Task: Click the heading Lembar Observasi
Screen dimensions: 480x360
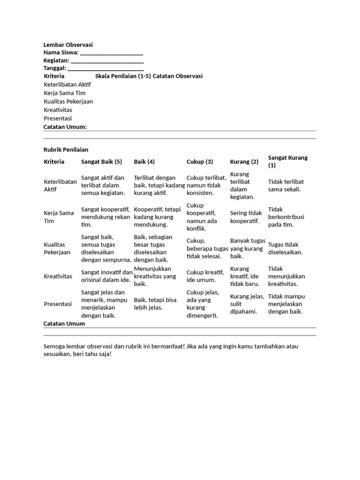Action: [x=68, y=45]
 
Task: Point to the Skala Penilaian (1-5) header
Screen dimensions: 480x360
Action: [x=123, y=76]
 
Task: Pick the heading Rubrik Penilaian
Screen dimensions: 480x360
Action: [x=66, y=150]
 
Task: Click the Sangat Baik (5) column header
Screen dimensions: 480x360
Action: [x=101, y=162]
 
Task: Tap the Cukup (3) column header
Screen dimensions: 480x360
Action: [x=200, y=162]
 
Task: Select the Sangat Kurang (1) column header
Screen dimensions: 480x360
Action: [x=287, y=161]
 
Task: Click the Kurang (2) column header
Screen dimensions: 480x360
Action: [x=244, y=162]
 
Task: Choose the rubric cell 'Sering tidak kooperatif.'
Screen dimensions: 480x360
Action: [x=246, y=217]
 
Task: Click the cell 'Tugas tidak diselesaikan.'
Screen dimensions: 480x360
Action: [x=285, y=248]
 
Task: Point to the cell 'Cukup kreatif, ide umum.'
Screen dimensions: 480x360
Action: [x=205, y=276]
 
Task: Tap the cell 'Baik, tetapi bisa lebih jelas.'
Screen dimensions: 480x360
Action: [x=155, y=304]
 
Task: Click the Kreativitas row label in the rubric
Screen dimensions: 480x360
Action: [x=58, y=277]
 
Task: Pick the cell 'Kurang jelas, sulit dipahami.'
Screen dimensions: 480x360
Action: [x=247, y=304]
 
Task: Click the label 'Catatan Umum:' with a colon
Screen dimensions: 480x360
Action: [x=65, y=127]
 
